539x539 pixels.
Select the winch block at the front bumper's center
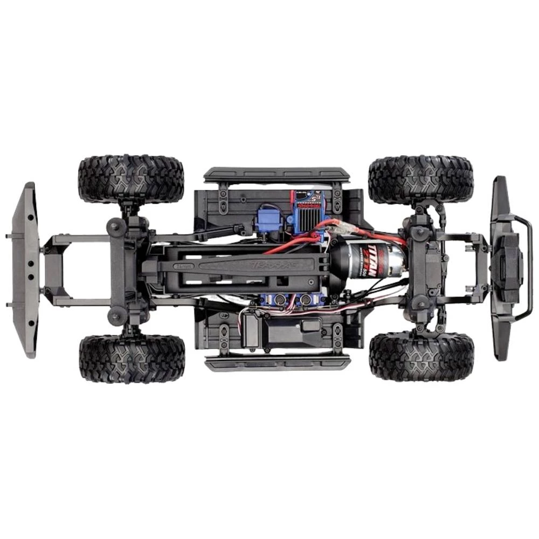507,268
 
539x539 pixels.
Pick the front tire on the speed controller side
421,179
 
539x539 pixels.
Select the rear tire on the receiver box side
132,358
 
